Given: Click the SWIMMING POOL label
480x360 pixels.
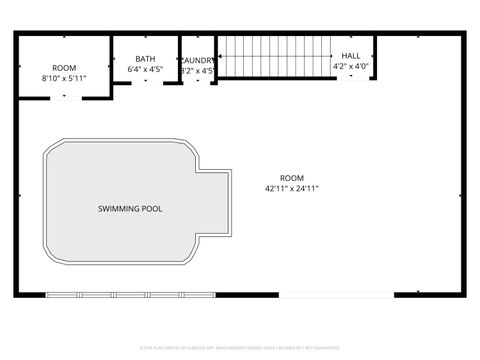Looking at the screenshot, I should [x=130, y=209].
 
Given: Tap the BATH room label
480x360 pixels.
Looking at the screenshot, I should [x=145, y=59].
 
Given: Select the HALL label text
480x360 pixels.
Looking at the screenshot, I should [x=351, y=56].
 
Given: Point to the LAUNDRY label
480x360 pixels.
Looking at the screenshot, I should [x=197, y=60].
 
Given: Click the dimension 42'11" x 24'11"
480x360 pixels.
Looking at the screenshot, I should [x=292, y=188].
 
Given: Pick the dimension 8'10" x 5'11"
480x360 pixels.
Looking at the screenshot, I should [x=64, y=78].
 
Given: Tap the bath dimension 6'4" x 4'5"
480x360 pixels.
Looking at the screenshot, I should [x=145, y=70].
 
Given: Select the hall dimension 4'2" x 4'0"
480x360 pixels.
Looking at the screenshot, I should [x=351, y=67].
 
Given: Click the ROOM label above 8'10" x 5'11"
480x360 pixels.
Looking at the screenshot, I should [x=64, y=67].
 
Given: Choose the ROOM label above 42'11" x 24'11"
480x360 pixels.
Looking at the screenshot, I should [x=292, y=177].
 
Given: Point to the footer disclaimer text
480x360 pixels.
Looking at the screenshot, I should [x=239, y=348].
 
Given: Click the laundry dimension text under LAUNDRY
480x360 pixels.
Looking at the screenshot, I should [x=197, y=71].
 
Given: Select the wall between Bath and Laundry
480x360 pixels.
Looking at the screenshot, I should [x=179, y=60].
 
